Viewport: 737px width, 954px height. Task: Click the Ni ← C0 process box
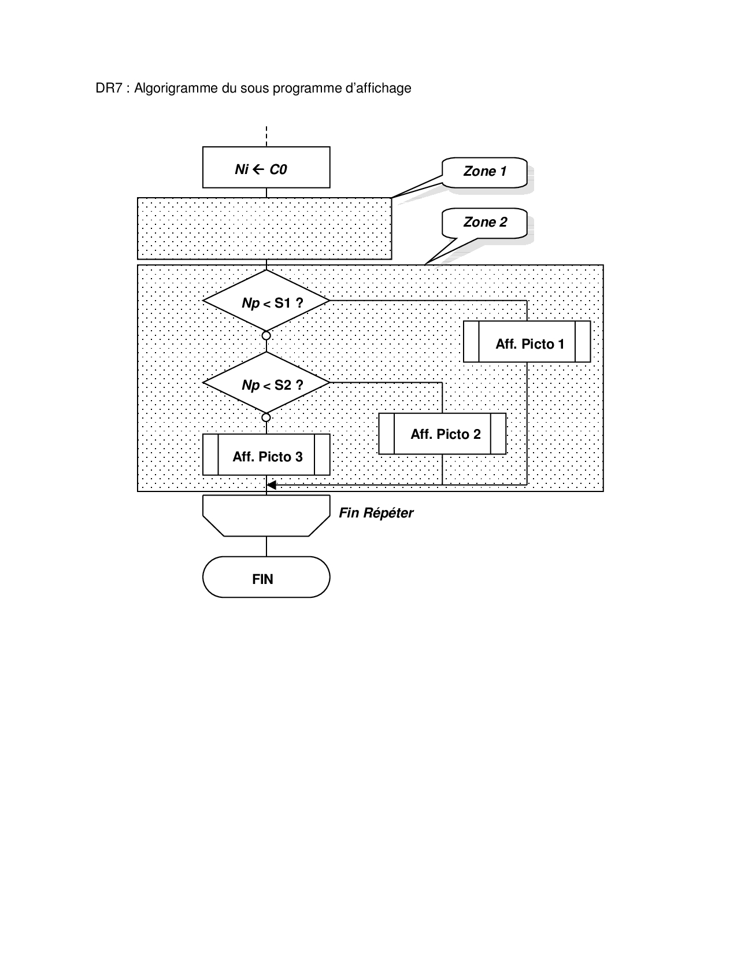click(x=266, y=168)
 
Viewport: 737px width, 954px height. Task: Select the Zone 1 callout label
click(x=484, y=172)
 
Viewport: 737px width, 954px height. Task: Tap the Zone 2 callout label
click(x=484, y=223)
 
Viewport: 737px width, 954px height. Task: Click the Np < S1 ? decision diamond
click(x=266, y=301)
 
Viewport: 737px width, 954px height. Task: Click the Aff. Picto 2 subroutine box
click(x=442, y=434)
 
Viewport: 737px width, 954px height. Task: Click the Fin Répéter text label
click(x=376, y=513)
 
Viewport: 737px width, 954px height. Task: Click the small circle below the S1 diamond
click(x=266, y=335)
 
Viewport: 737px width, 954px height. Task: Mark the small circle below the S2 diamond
click(x=266, y=417)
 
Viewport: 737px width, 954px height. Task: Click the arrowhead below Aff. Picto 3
click(x=271, y=485)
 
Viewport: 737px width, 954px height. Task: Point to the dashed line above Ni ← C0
click(x=266, y=136)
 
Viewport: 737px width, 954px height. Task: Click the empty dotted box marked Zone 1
click(x=264, y=229)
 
